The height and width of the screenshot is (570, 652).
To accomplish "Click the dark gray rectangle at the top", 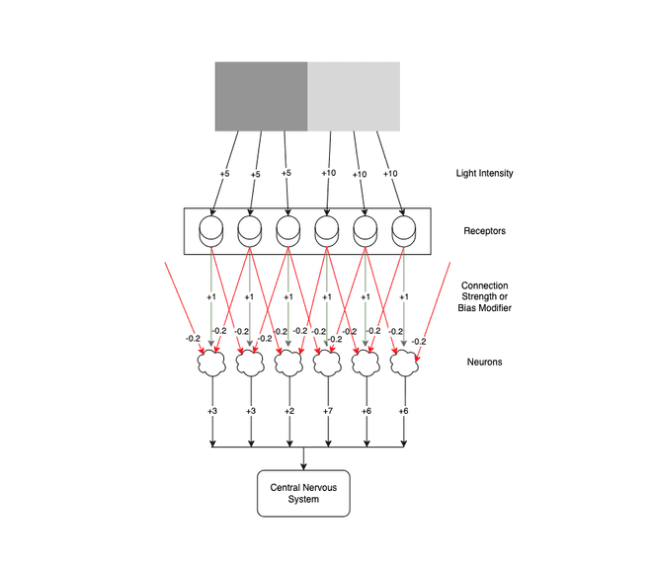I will pos(262,96).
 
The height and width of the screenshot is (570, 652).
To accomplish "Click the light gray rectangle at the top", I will pos(354,96).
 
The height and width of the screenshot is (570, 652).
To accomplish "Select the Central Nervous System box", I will pos(303,492).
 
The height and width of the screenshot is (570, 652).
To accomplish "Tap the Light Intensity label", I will pos(484,173).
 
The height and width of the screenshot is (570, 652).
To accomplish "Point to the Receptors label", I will pos(484,232).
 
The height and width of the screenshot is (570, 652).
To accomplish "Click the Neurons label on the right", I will pos(484,362).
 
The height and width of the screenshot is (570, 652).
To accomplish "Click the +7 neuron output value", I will pos(327,410).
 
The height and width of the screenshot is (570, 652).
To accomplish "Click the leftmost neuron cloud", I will pos(212,364).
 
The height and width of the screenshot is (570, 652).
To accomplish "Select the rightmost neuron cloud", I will pos(404,364).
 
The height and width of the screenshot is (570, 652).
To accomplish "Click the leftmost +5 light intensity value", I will pos(224,174).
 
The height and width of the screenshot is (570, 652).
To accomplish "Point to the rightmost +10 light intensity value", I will pos(390,174).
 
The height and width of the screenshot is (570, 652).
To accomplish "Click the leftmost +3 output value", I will pos(211,410).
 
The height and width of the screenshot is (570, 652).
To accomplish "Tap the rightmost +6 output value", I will pos(404,410).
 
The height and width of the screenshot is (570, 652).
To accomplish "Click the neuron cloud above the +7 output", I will pos(327,364).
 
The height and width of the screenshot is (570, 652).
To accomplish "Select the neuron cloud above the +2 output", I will pos(287,364).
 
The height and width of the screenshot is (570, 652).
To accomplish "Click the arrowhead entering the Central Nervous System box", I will pos(303,466).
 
